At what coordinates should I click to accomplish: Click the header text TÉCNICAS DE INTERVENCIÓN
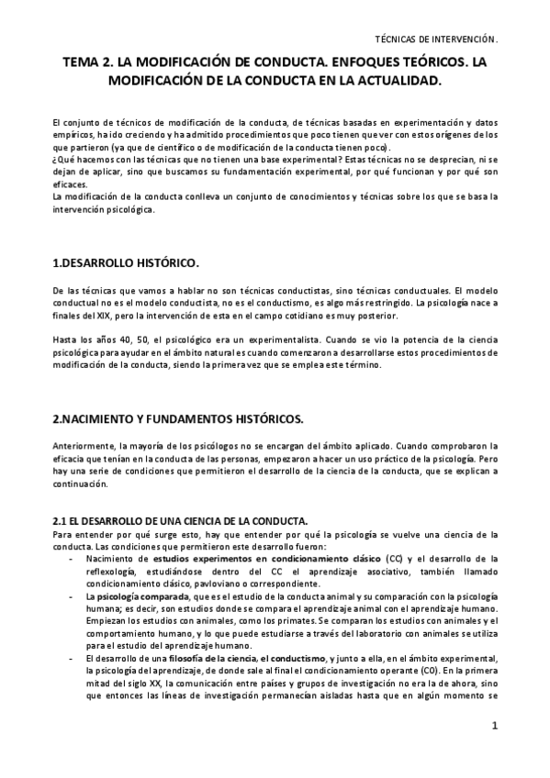[x=437, y=39]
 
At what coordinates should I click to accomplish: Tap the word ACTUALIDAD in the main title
[x=398, y=81]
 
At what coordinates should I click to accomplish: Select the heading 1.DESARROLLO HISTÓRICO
[x=126, y=264]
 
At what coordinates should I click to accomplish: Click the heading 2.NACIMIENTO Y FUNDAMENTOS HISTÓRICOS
[x=177, y=418]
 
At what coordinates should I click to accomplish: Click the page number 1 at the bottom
[x=494, y=751]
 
